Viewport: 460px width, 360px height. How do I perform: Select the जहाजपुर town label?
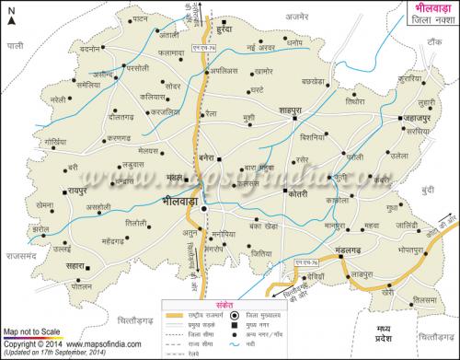tap(418, 119)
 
